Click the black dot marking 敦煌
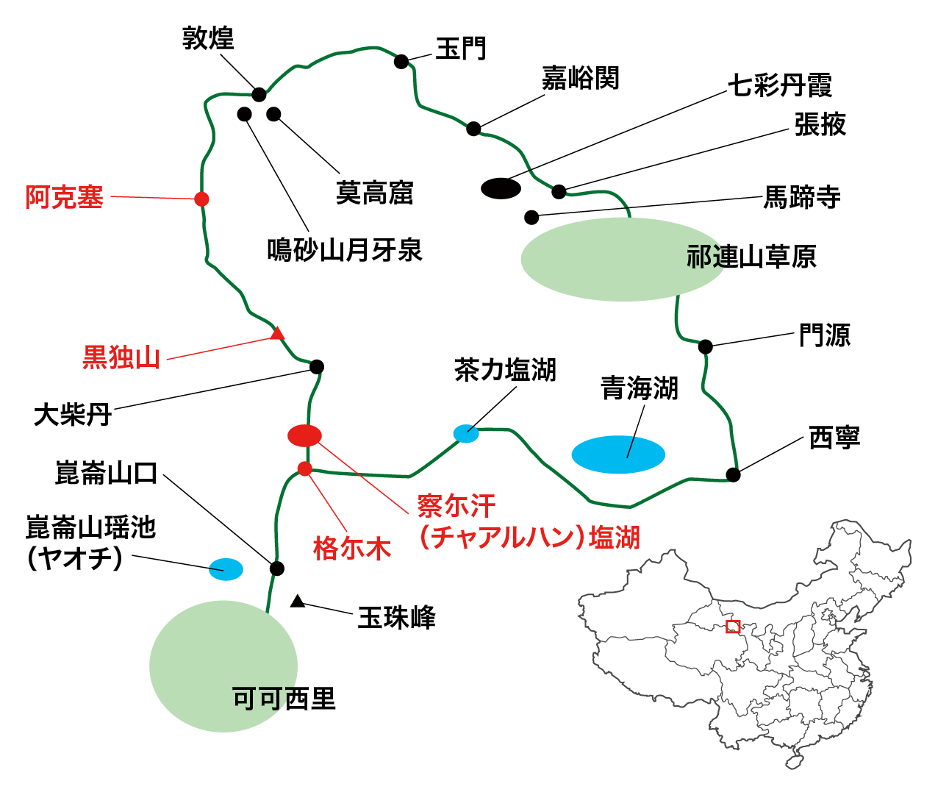pyautogui.click(x=259, y=94)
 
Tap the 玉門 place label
pyautogui.click(x=461, y=49)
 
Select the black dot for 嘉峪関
pyautogui.click(x=474, y=129)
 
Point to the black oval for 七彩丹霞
pyautogui.click(x=501, y=188)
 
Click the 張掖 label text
pyautogui.click(x=820, y=124)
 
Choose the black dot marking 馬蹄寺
pyautogui.click(x=531, y=217)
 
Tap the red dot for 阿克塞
pyautogui.click(x=201, y=199)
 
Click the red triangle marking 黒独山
pyautogui.click(x=277, y=334)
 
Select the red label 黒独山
pyautogui.click(x=121, y=357)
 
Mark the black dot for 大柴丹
pyautogui.click(x=317, y=366)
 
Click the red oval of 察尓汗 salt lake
pyautogui.click(x=304, y=435)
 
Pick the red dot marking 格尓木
pyautogui.click(x=305, y=468)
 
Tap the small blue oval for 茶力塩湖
pyautogui.click(x=466, y=433)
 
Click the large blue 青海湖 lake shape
pyautogui.click(x=618, y=454)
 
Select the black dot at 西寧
pyautogui.click(x=733, y=474)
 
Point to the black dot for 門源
pyautogui.click(x=705, y=346)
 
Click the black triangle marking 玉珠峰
pyautogui.click(x=297, y=602)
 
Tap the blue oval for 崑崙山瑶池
pyautogui.click(x=226, y=568)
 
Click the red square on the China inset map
pyautogui.click(x=732, y=627)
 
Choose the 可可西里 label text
pyautogui.click(x=284, y=698)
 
